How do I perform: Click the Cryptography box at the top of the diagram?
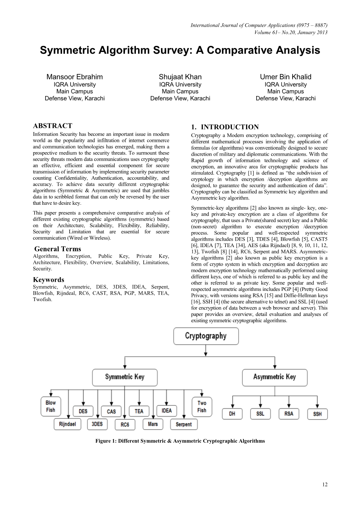tap(206, 336)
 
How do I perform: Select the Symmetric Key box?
tap(125, 377)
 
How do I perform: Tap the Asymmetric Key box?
tap(274, 377)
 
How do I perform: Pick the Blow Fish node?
tap(50, 406)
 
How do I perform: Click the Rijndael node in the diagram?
tap(67, 424)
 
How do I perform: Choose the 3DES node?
tap(97, 424)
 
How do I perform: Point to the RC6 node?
tap(125, 424)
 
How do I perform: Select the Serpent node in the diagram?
tap(184, 424)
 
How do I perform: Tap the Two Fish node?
tap(202, 406)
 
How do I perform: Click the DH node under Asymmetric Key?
tap(232, 413)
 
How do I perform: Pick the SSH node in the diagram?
tap(317, 414)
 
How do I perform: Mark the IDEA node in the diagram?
tap(166, 411)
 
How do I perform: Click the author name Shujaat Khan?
tap(180, 77)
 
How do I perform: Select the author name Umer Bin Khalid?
tap(286, 77)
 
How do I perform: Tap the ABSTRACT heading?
tap(52, 126)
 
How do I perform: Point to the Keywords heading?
tap(48, 280)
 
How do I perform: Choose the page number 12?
tap(325, 485)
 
